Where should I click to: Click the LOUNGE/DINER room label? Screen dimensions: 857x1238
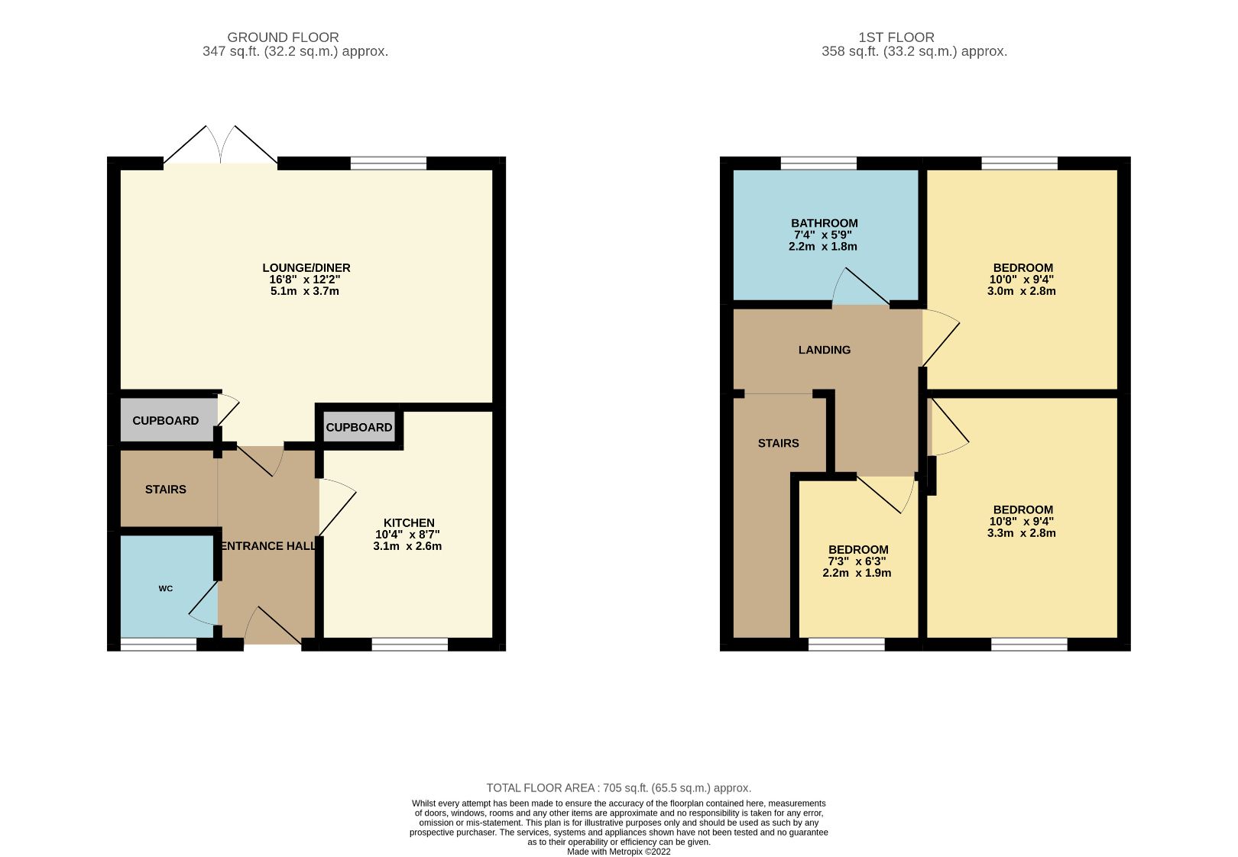point(306,268)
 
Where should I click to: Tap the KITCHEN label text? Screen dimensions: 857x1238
point(408,523)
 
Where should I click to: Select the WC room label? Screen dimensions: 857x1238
point(166,588)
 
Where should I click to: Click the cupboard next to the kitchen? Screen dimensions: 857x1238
point(358,428)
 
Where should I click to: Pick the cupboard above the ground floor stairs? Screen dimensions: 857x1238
point(165,421)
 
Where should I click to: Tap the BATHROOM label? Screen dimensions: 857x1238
point(824,224)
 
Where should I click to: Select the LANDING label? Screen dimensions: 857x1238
point(824,350)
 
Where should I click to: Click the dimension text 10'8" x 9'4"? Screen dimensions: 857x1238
point(1022,522)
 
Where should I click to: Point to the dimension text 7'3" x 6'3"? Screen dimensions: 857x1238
point(857,561)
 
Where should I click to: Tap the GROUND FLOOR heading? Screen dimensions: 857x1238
point(283,37)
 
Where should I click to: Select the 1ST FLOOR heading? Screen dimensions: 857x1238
point(896,37)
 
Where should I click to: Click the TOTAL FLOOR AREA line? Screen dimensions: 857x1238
point(618,787)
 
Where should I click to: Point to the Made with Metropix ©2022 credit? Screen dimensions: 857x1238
point(618,851)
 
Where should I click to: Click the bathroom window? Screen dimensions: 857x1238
point(818,163)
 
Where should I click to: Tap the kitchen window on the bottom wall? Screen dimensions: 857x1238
point(410,645)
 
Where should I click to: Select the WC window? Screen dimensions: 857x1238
point(158,645)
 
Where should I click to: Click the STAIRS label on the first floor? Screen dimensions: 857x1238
point(778,443)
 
